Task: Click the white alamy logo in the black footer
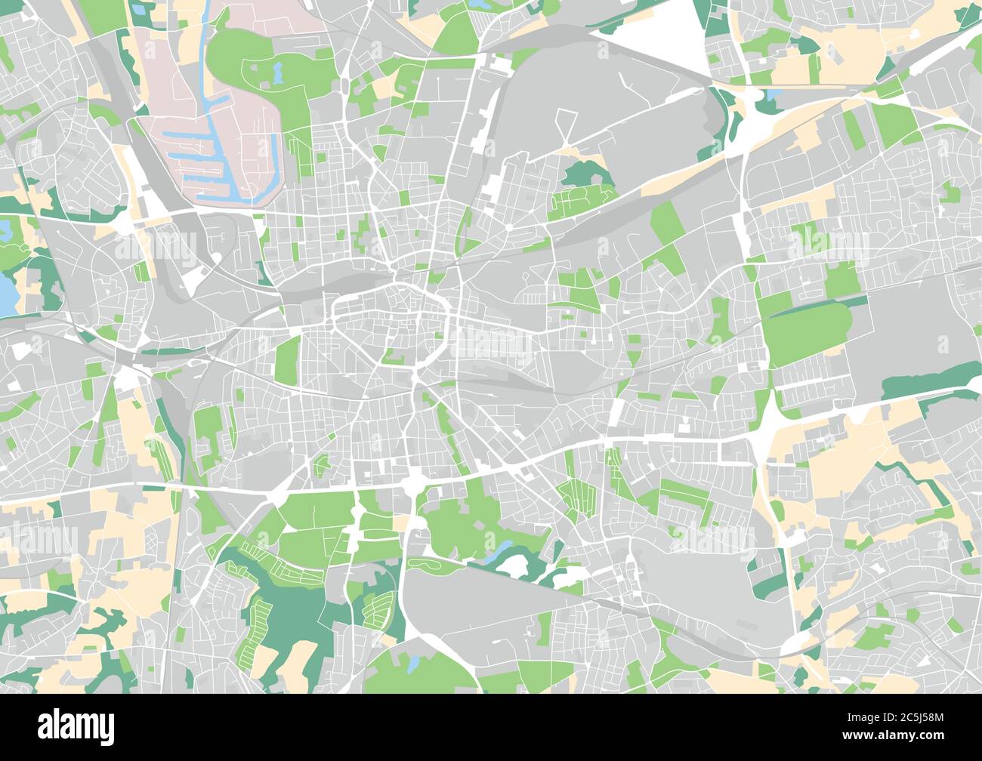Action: tap(76, 726)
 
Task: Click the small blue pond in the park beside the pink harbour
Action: tap(277, 73)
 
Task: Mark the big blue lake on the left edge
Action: tap(7, 295)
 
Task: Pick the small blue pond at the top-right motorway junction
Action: tap(774, 95)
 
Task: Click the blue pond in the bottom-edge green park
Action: tap(412, 664)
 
